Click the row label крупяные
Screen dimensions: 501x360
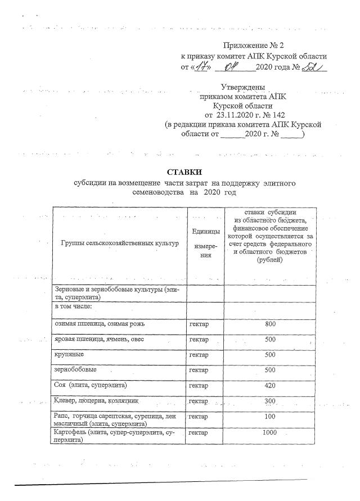tap(69, 355)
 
